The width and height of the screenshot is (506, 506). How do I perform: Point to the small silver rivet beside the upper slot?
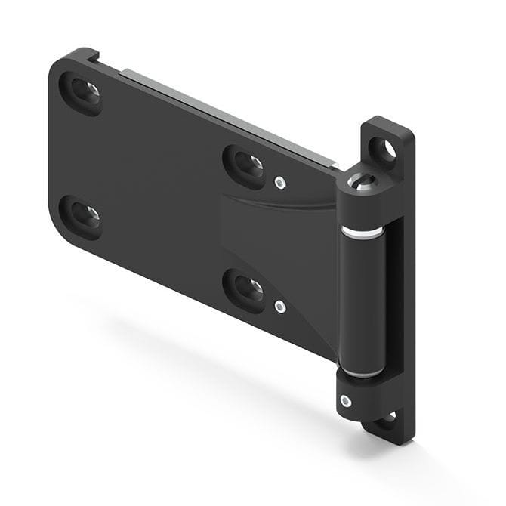pos(280,182)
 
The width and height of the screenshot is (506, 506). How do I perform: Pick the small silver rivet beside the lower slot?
pos(280,306)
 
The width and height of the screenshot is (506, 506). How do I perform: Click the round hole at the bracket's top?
pos(387,150)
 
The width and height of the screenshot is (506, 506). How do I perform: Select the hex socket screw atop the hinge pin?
pos(361,181)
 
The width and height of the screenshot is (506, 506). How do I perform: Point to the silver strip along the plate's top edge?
pos(227,113)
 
